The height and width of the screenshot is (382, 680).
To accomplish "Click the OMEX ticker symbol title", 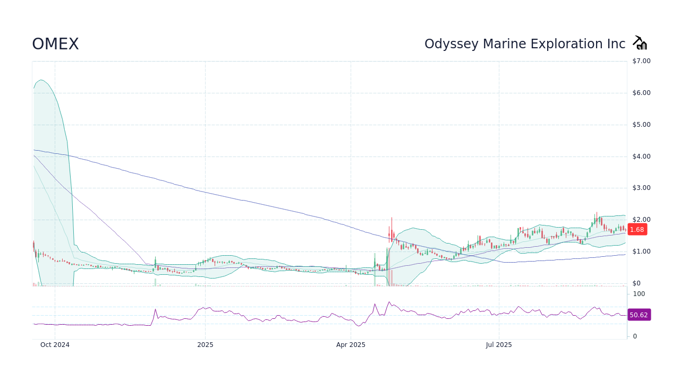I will click(55, 44).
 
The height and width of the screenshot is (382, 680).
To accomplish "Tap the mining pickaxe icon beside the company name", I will click(640, 43).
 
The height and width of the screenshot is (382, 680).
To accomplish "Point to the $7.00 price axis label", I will click(641, 61).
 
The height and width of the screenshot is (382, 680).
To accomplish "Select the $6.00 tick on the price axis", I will click(641, 93).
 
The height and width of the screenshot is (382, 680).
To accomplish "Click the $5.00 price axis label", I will click(641, 125).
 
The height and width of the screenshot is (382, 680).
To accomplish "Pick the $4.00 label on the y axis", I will click(641, 156).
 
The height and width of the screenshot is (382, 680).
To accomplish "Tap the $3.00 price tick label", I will click(641, 188).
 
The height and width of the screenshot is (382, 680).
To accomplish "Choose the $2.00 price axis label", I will click(641, 220).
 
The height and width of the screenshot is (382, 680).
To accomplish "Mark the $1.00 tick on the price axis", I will click(641, 251).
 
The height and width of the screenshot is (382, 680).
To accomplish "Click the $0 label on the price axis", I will click(636, 283).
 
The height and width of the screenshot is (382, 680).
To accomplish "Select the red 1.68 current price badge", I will click(636, 230).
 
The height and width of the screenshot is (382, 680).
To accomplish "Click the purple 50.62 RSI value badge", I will click(639, 315).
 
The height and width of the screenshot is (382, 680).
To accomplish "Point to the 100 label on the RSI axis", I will click(639, 294).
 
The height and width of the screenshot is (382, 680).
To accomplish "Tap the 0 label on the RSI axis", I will click(635, 336).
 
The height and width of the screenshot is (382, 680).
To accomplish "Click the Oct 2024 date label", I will click(55, 345).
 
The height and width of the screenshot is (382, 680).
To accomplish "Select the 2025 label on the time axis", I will click(205, 345).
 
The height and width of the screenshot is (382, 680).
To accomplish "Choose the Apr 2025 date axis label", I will click(351, 345).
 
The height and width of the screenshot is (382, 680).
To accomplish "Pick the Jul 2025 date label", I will click(499, 345).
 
